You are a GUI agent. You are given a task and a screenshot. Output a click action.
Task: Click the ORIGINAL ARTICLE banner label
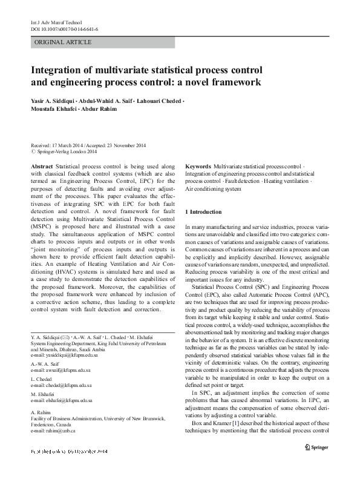[x=64, y=42]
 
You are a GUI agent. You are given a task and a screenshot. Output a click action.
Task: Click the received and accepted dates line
[x=88, y=147]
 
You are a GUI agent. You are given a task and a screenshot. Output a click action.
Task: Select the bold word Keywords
[x=198, y=165]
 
